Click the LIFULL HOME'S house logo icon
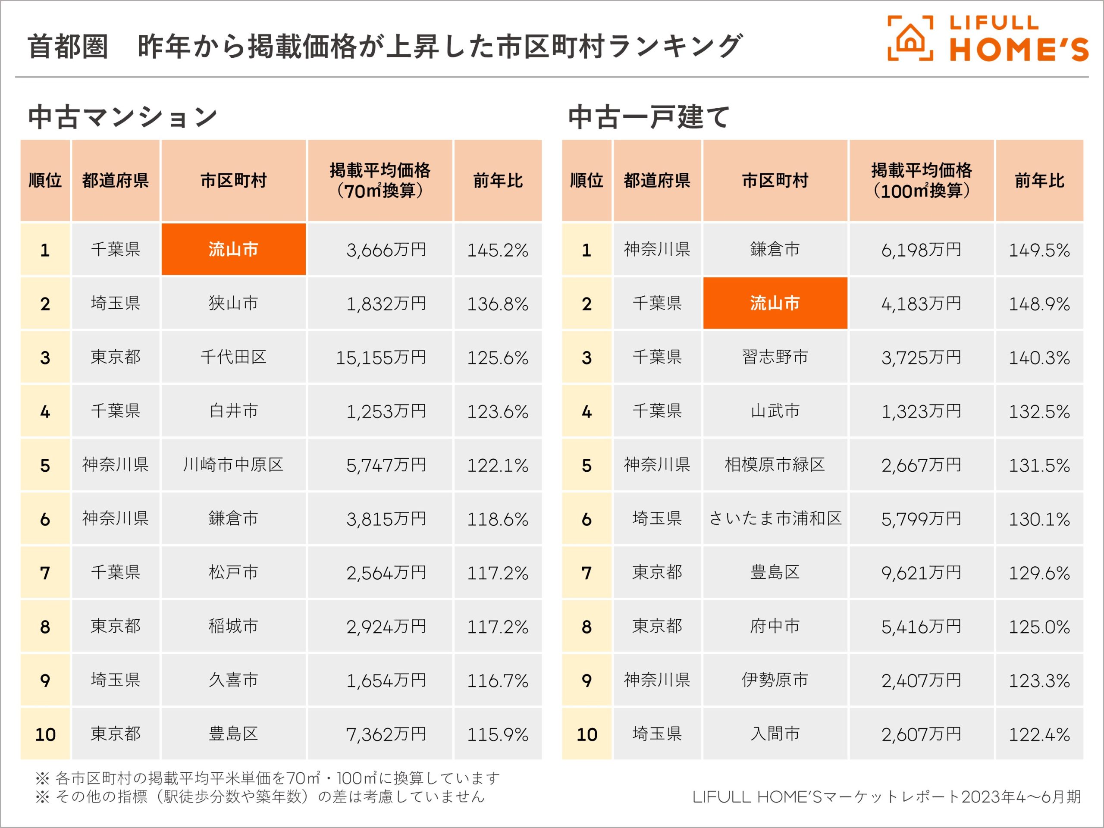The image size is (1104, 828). pyautogui.click(x=910, y=38)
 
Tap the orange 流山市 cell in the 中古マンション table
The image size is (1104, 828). pyautogui.click(x=233, y=249)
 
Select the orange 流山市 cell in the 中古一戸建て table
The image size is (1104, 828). pyautogui.click(x=775, y=303)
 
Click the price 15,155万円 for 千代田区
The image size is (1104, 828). pyautogui.click(x=380, y=358)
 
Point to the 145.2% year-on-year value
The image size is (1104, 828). pyautogui.click(x=497, y=250)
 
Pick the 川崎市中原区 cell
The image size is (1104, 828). pyautogui.click(x=233, y=464)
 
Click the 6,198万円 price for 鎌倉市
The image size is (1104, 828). pyautogui.click(x=921, y=250)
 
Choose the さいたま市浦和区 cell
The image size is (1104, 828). pyautogui.click(x=775, y=518)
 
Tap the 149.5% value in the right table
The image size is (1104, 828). pyautogui.click(x=1039, y=250)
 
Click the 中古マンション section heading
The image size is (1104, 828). pyautogui.click(x=123, y=117)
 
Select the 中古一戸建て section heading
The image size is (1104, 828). pyautogui.click(x=649, y=117)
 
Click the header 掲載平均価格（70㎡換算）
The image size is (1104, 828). pyautogui.click(x=380, y=181)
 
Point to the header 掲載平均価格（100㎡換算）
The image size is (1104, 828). pyautogui.click(x=921, y=181)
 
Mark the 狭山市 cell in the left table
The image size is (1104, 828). pyautogui.click(x=233, y=303)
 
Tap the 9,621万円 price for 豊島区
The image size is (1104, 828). pyautogui.click(x=921, y=572)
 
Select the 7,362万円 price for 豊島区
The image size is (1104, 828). pyautogui.click(x=386, y=734)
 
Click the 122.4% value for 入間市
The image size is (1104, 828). pyautogui.click(x=1039, y=734)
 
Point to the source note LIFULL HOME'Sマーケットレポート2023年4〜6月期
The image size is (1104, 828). pyautogui.click(x=886, y=797)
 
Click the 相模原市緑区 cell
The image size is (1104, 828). pyautogui.click(x=775, y=464)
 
